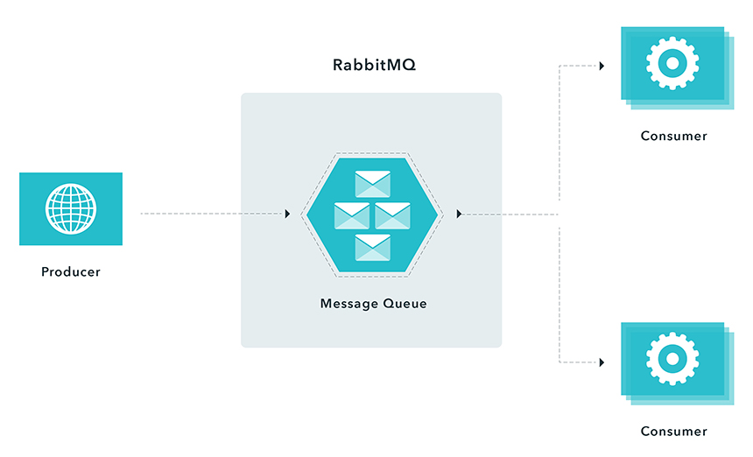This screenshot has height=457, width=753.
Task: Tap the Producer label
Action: click(71, 271)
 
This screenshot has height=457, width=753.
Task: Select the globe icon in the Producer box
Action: click(71, 208)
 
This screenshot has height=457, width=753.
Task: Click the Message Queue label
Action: click(373, 304)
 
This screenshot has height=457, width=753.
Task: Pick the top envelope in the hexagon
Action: click(372, 184)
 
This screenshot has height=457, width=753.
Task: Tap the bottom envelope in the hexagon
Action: click(372, 247)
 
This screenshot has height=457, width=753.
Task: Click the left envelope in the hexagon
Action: click(352, 215)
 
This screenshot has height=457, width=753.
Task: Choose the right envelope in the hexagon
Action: click(393, 215)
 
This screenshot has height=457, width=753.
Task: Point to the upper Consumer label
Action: click(673, 136)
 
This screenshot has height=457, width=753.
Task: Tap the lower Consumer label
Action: click(673, 431)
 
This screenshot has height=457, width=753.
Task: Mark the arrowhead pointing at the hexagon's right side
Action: click(460, 214)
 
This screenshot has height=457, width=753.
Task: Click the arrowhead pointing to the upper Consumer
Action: click(602, 66)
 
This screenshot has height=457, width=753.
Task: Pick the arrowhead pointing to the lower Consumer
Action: click(602, 362)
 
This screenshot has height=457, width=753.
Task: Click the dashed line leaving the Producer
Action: click(210, 214)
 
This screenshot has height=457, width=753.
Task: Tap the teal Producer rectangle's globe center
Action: click(71, 208)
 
